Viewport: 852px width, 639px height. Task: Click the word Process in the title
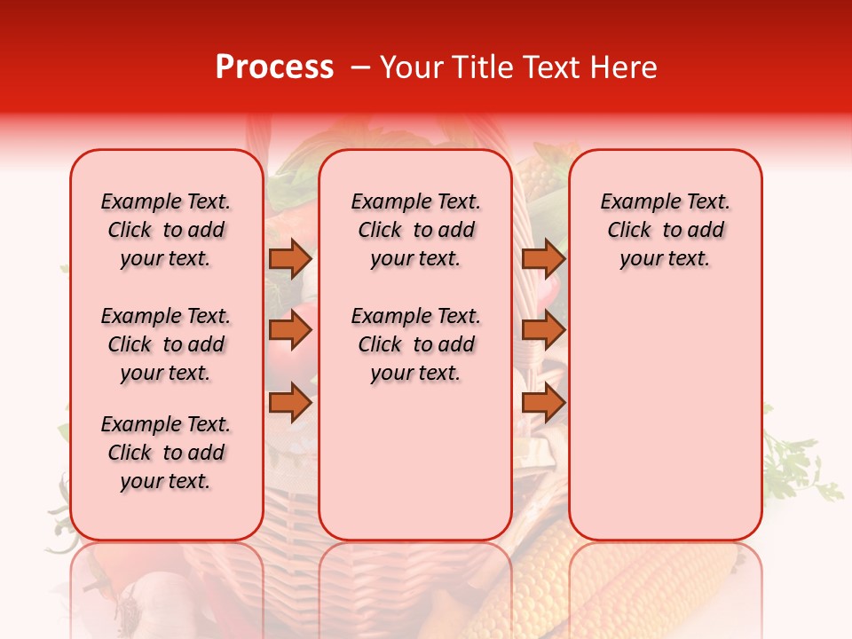coord(273,67)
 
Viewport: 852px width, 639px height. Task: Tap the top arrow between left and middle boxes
coord(289,258)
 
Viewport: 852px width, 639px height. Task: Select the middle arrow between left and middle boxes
coord(289,330)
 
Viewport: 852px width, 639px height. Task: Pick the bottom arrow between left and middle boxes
coord(289,403)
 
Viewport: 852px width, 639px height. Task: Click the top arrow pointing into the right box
coord(543,258)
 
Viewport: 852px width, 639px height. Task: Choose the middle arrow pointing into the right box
coord(543,330)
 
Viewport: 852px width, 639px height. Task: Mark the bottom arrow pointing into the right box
coord(543,403)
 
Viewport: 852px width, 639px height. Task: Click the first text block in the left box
coord(166,230)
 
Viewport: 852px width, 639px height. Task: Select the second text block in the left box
coord(166,344)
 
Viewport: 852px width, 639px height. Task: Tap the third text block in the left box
coord(166,453)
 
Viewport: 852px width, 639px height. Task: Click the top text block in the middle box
coord(415,230)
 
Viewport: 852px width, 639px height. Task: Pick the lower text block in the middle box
coord(415,344)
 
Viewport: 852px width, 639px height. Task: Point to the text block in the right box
coord(665,230)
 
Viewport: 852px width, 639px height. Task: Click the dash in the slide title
coord(360,67)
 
